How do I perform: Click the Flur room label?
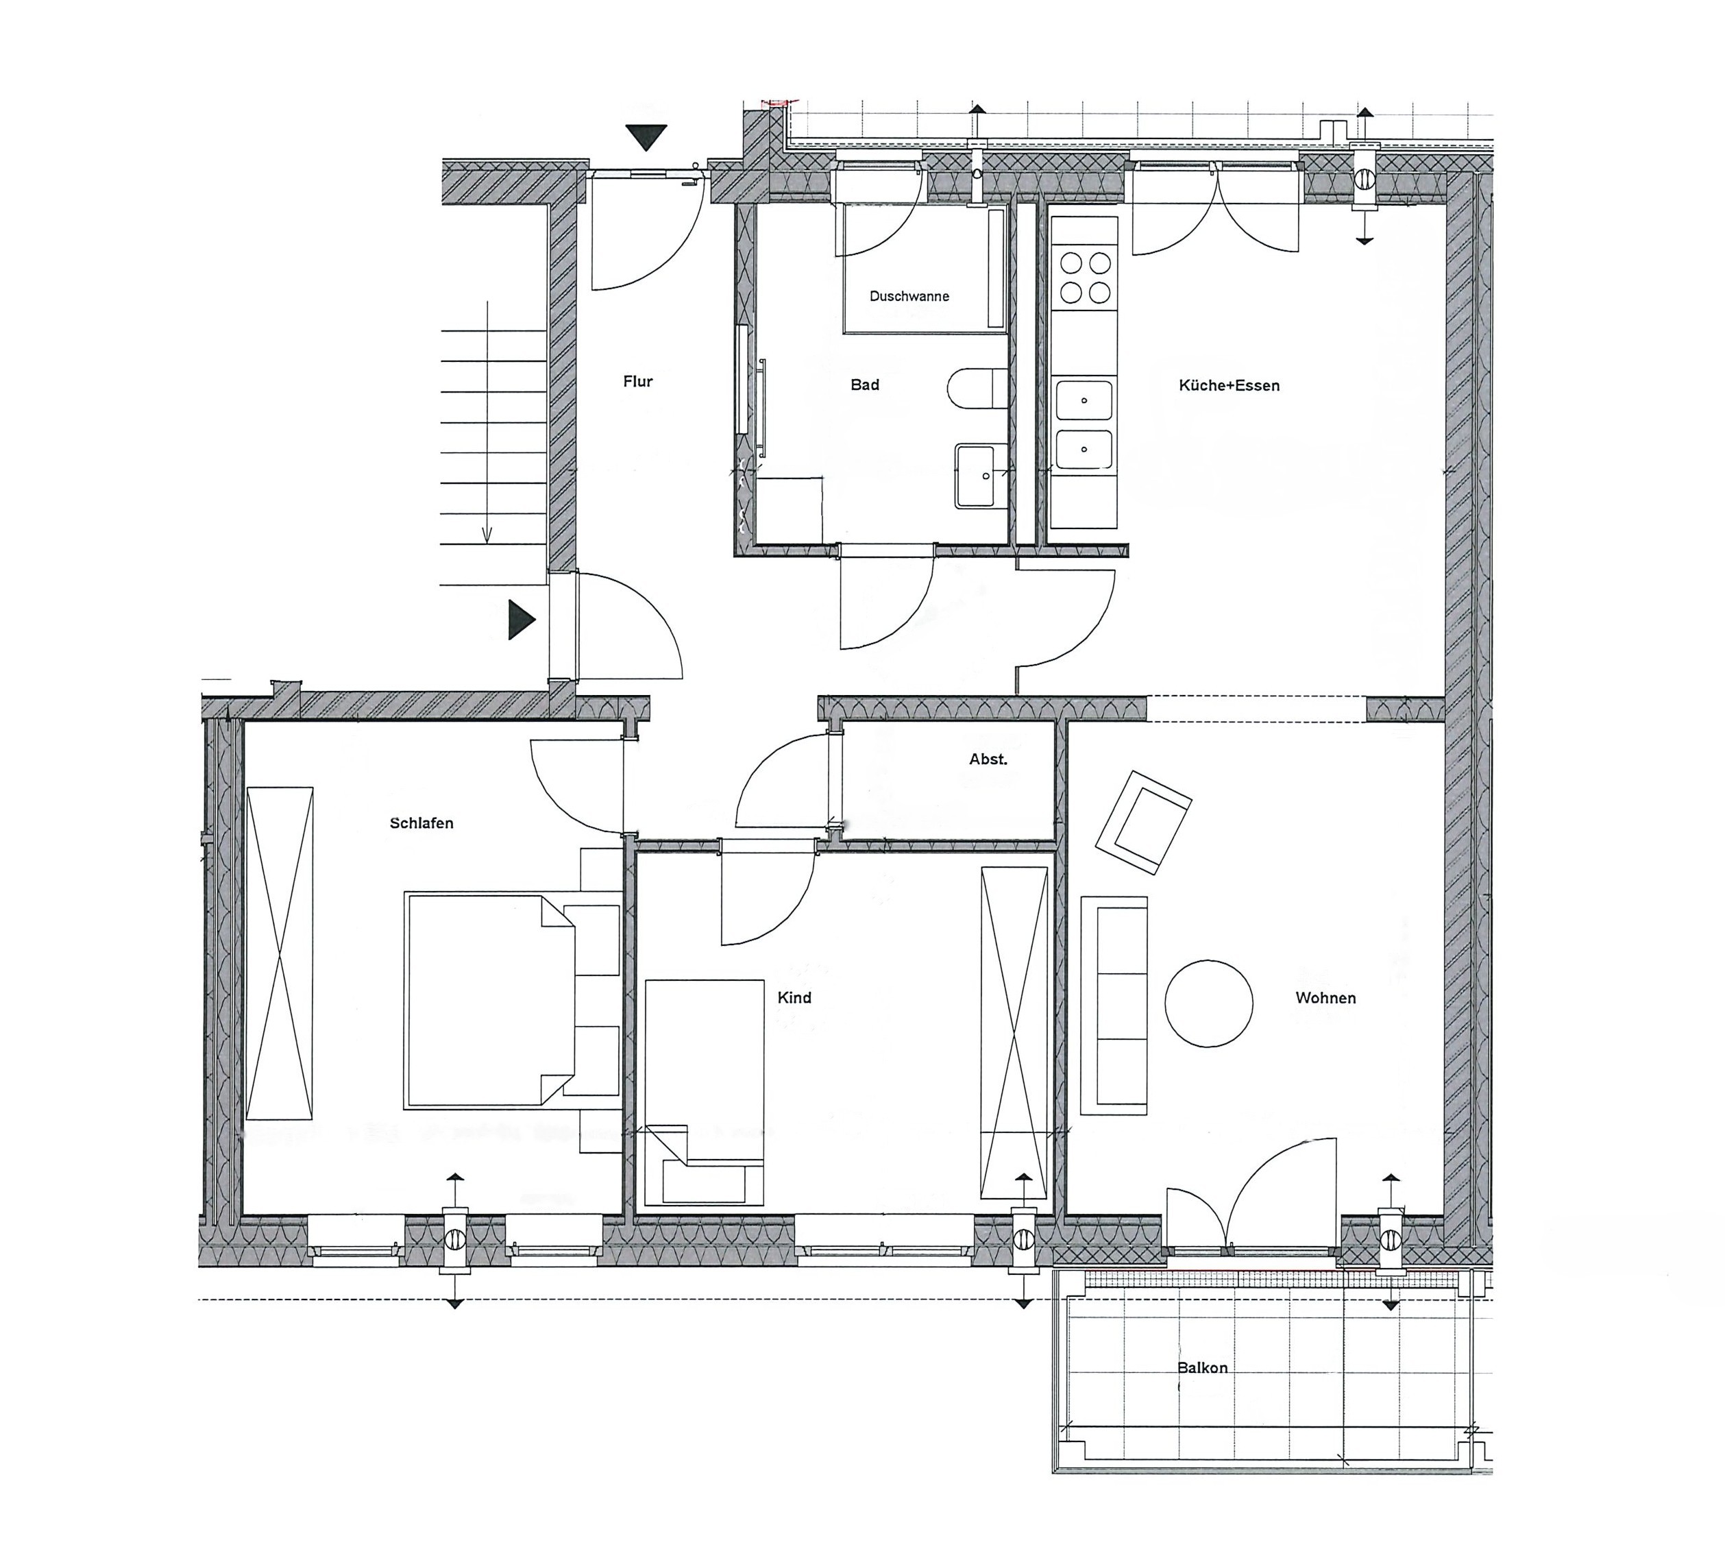pos(637,382)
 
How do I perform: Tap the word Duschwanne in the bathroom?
pos(909,296)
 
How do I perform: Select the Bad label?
pos(864,385)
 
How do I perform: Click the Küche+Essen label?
pos(1229,386)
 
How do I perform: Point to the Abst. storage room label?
pos(988,759)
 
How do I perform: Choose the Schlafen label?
pos(421,823)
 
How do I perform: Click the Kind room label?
pos(794,998)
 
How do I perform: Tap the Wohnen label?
pos(1325,998)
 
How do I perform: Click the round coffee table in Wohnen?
pos(1208,1003)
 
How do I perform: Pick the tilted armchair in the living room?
pos(1144,822)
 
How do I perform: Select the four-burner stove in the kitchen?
pos(1085,276)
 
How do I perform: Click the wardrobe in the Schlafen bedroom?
pos(280,953)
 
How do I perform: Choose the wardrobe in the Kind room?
pos(1014,1033)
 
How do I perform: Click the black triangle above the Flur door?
pos(646,138)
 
